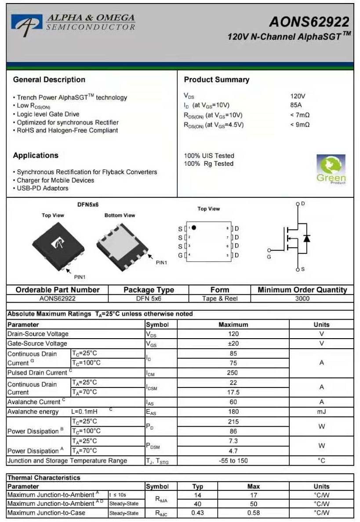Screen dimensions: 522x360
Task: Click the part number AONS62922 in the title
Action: pyautogui.click(x=309, y=22)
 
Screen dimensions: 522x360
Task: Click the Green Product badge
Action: pyautogui.click(x=331, y=169)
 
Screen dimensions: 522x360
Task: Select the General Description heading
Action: pyautogui.click(x=49, y=80)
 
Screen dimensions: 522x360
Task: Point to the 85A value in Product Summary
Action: pyautogui.click(x=296, y=105)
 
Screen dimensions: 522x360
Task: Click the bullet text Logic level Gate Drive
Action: pyautogui.click(x=48, y=114)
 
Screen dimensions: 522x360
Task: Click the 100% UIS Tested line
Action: pyautogui.click(x=209, y=156)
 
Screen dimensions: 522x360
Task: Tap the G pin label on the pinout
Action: pyautogui.click(x=180, y=256)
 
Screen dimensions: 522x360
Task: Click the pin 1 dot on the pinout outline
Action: pyautogui.click(x=194, y=228)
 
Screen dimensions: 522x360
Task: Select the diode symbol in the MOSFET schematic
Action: pyautogui.click(x=306, y=238)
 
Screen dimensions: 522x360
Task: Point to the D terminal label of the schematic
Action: pyautogui.click(x=303, y=204)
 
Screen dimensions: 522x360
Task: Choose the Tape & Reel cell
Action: pyautogui.click(x=219, y=299)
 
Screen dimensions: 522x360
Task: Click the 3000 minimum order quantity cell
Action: pyautogui.click(x=302, y=299)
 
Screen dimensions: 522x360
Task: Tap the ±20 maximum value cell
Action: pyautogui.click(x=233, y=343)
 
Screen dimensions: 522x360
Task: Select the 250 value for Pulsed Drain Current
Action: pyautogui.click(x=233, y=372)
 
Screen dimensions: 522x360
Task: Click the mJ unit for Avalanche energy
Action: pyautogui.click(x=321, y=412)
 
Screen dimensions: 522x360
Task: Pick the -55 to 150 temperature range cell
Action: pyautogui.click(x=233, y=460)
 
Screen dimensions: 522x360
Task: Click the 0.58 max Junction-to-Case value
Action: pyautogui.click(x=253, y=513)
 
